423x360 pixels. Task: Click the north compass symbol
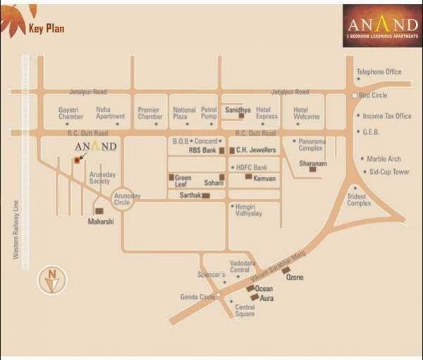click(51, 280)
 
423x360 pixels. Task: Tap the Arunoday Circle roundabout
click(123, 201)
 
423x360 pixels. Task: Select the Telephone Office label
click(379, 72)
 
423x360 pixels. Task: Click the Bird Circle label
click(374, 95)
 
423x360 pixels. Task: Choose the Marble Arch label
click(384, 159)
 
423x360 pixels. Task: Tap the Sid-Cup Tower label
click(390, 172)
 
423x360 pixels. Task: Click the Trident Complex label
click(359, 200)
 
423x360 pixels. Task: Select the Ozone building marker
click(286, 270)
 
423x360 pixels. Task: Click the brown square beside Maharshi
click(99, 211)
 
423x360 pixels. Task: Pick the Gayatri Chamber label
click(70, 113)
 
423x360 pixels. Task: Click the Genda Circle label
click(197, 297)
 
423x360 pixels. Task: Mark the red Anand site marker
click(77, 161)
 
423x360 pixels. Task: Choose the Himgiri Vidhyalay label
click(248, 210)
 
